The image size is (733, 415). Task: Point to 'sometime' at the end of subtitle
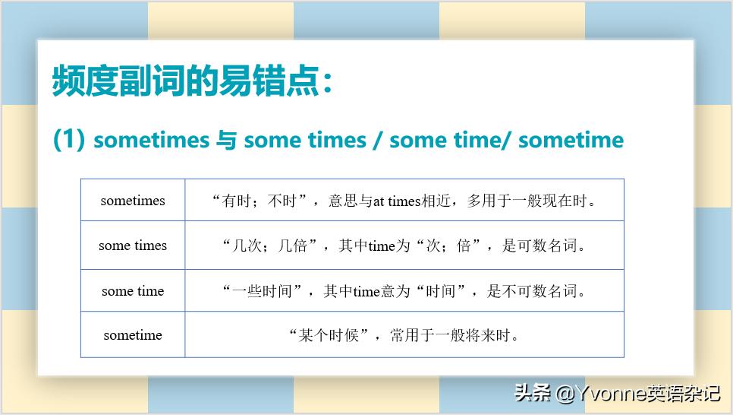(571, 140)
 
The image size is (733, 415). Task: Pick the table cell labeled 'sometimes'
(133, 201)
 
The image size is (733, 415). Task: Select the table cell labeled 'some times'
(133, 246)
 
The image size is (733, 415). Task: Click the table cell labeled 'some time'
(133, 291)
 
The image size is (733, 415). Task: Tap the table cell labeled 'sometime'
(133, 335)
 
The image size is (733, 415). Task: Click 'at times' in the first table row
(395, 201)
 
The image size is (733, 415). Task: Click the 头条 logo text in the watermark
(532, 393)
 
